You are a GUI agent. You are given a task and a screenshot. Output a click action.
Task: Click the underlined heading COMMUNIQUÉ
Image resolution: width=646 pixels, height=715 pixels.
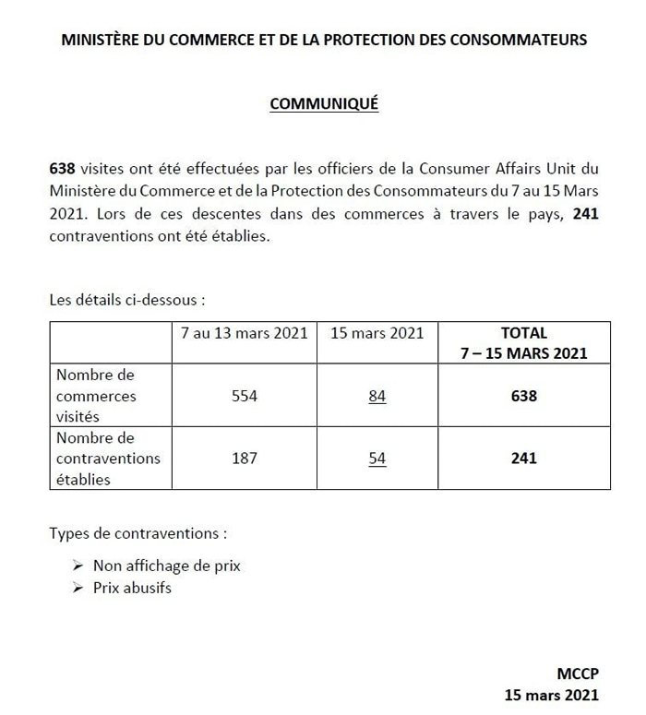[323, 104]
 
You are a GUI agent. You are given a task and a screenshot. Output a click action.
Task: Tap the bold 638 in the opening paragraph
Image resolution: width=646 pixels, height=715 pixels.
[63, 170]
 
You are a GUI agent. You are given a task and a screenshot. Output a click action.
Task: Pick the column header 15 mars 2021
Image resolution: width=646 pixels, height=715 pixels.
[377, 332]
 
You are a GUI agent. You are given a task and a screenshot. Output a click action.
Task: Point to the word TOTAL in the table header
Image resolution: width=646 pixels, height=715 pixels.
[523, 332]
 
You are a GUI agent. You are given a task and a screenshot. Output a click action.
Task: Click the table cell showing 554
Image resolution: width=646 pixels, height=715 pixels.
[244, 396]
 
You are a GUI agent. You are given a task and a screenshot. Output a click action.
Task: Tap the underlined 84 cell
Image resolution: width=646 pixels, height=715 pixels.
[377, 396]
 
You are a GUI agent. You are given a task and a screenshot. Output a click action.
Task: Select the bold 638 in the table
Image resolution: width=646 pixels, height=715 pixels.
[523, 396]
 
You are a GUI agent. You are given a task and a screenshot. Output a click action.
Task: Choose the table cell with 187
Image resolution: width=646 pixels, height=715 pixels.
[244, 458]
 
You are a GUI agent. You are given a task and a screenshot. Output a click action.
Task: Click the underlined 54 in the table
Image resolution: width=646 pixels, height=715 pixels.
[377, 458]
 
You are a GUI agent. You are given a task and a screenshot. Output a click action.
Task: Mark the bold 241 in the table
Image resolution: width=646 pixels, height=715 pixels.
[523, 458]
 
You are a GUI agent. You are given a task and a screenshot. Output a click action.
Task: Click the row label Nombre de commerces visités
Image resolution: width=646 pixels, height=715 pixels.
[96, 396]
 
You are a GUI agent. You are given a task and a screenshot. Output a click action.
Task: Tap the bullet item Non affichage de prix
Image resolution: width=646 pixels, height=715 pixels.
[166, 566]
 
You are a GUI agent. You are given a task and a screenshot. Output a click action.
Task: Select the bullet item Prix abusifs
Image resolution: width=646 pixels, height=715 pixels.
[132, 587]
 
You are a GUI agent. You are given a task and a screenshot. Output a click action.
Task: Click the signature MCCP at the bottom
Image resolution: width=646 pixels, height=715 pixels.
[577, 675]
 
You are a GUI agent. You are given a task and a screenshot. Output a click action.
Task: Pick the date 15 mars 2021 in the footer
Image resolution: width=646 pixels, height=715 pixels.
[551, 695]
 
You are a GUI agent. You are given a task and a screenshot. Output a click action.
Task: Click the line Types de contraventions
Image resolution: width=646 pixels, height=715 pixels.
[138, 533]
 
